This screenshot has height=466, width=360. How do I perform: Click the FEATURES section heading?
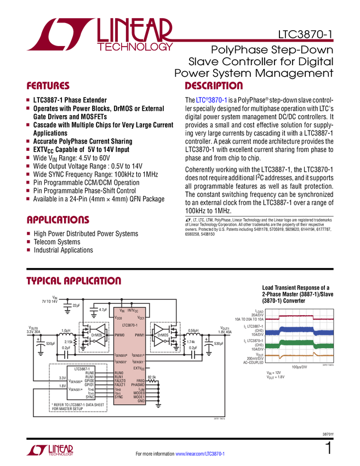click(48, 86)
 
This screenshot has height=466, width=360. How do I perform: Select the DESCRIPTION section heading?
click(214, 86)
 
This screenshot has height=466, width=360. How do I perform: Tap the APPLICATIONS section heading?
click(58, 220)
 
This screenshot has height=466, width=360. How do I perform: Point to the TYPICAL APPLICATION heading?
click(73, 281)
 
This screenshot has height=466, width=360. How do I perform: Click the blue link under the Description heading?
click(211, 101)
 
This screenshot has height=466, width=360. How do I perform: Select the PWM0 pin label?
click(119, 335)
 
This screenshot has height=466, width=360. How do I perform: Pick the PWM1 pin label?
click(139, 335)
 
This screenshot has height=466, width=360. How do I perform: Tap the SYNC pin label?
click(119, 397)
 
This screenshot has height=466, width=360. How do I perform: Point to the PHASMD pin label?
click(137, 385)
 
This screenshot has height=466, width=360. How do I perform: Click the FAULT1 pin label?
click(120, 385)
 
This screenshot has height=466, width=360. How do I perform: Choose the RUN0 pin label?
click(119, 372)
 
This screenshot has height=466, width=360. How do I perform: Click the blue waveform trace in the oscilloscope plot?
click(299, 331)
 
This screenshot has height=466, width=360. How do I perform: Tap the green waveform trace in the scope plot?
click(299, 344)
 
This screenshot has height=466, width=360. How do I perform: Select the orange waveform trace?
click(299, 356)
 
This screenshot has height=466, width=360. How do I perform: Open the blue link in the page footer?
click(201, 453)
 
